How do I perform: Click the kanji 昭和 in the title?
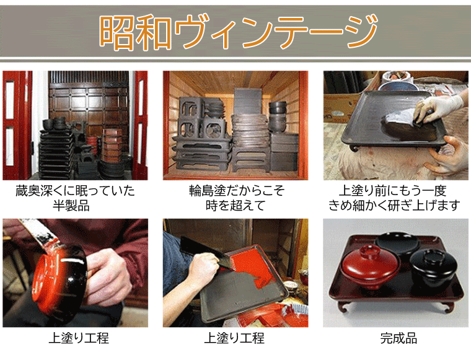(x=136, y=32)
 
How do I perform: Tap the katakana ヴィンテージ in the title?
(x=275, y=32)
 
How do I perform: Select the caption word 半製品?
(x=71, y=206)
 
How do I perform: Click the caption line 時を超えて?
(x=235, y=206)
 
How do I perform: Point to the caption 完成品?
(x=398, y=338)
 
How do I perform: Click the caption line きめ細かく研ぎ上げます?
(x=394, y=206)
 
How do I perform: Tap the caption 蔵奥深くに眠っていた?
(x=76, y=191)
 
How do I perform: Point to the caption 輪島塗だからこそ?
(x=237, y=191)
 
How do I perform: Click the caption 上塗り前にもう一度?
(x=392, y=191)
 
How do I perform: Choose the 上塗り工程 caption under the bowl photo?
(x=79, y=338)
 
